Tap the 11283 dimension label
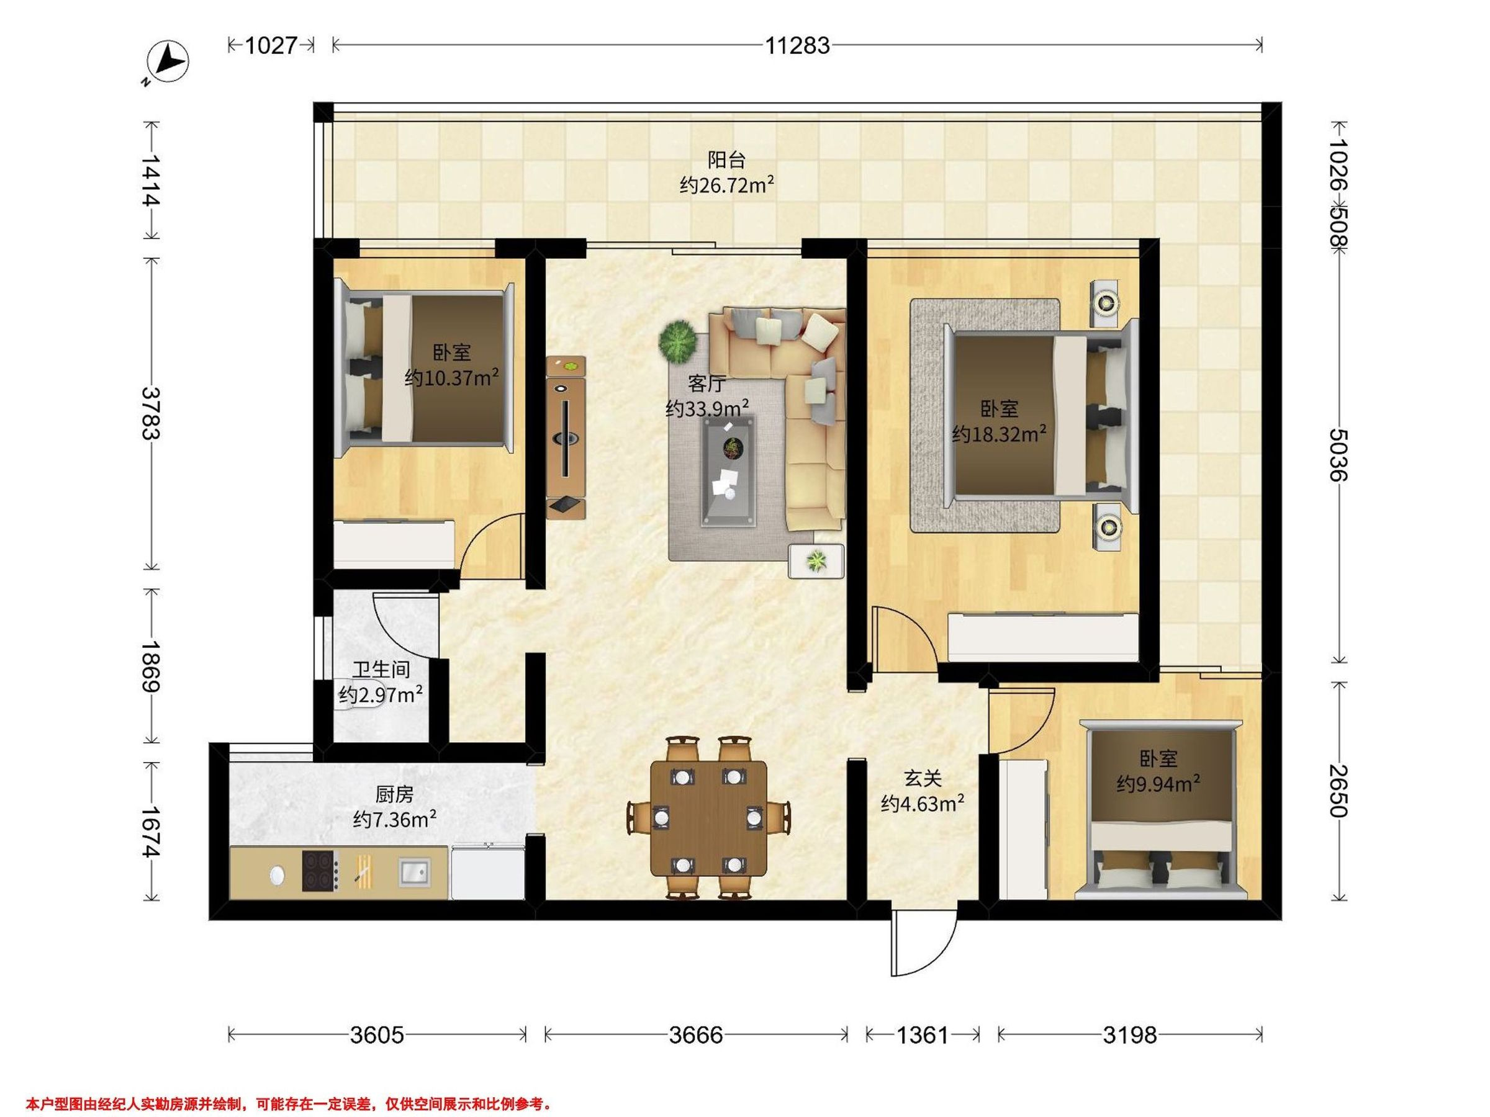tap(797, 46)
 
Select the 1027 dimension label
tap(271, 45)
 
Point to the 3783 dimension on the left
tap(151, 413)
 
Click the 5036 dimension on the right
tap(1340, 454)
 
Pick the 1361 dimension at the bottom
tap(922, 1034)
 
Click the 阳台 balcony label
tap(727, 160)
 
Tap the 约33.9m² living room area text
tap(707, 408)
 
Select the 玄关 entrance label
tap(922, 778)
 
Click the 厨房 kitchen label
tap(394, 794)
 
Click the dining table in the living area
tap(708, 818)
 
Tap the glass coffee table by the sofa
tap(729, 470)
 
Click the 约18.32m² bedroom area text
tap(999, 434)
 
